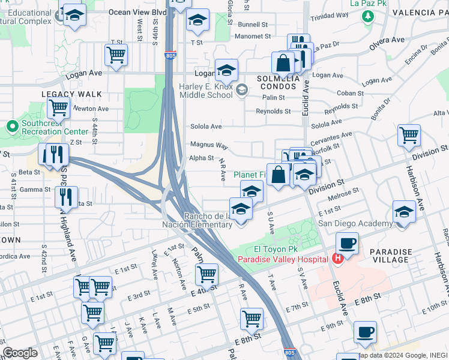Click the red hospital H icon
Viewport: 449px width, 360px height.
(x=337, y=259)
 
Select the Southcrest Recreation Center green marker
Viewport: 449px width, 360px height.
(x=11, y=127)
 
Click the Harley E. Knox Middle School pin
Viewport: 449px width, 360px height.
(x=241, y=91)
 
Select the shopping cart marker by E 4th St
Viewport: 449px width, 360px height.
(x=206, y=274)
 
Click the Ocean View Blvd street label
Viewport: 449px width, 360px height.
(x=137, y=11)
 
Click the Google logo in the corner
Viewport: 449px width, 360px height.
(x=20, y=353)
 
